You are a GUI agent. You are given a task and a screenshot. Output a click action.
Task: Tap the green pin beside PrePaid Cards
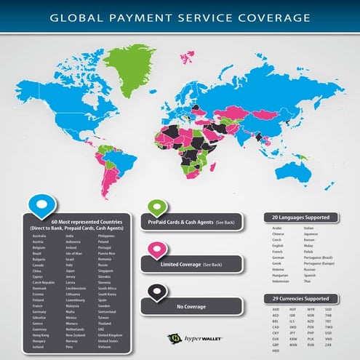(155, 208)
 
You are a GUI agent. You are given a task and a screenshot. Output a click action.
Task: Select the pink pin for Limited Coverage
(155, 252)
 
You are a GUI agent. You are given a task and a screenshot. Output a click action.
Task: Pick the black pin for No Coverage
(155, 292)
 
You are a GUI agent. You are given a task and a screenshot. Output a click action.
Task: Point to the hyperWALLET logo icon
(174, 337)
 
